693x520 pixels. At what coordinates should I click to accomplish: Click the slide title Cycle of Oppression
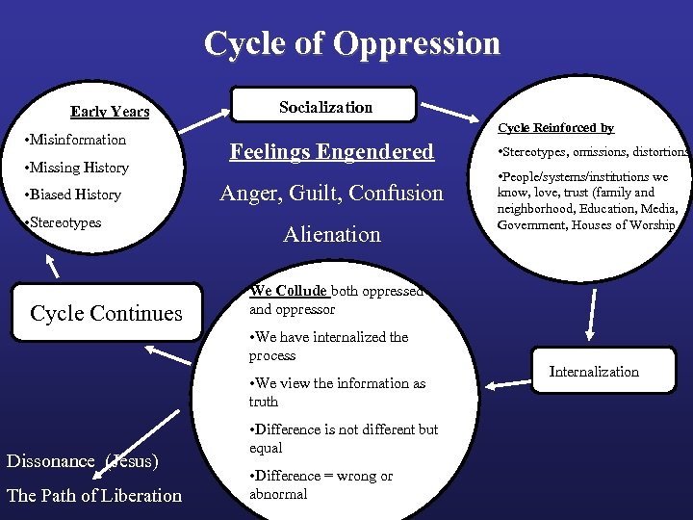click(x=352, y=44)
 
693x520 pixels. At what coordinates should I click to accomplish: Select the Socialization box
click(x=325, y=107)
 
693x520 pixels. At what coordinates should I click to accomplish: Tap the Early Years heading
click(x=110, y=112)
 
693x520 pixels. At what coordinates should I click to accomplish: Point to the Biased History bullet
click(x=75, y=195)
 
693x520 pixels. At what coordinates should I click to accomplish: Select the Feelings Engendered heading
click(x=331, y=152)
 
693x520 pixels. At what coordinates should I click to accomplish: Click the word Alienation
click(x=331, y=234)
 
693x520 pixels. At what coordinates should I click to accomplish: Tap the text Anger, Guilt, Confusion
click(x=331, y=194)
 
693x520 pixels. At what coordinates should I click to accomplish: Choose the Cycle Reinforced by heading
click(x=555, y=128)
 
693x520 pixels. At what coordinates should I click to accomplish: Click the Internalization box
click(x=593, y=372)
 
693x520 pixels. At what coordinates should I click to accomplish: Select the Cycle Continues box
click(x=106, y=313)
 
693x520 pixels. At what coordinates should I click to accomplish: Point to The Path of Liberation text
click(x=94, y=496)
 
